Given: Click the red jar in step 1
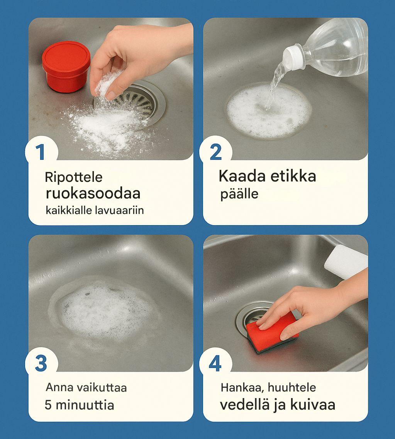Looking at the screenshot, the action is [66, 67].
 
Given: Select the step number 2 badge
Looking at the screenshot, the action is [215, 152].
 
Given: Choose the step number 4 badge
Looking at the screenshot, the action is [215, 363].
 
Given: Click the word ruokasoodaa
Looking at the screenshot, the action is [93, 193].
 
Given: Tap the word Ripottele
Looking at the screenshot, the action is [74, 178].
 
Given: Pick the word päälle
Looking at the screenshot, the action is [239, 194].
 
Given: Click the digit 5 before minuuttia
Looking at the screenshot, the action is [48, 405].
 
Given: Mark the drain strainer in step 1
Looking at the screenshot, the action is [134, 102].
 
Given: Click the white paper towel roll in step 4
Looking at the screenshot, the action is [346, 262].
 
